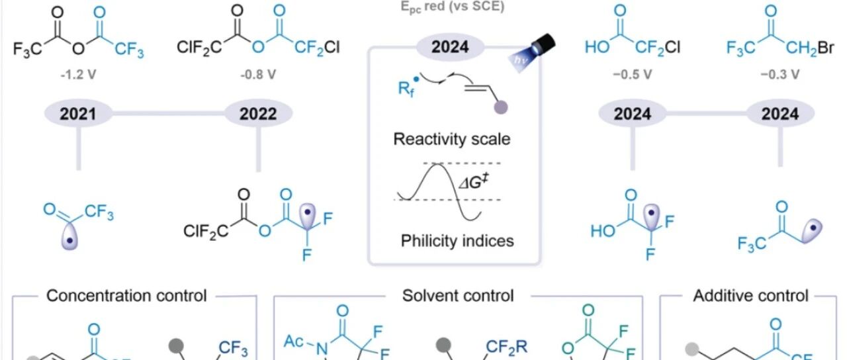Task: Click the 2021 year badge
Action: point(78,114)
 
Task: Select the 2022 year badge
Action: point(258,114)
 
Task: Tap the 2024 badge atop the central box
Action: point(450,47)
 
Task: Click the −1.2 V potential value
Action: point(78,74)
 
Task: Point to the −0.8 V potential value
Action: point(258,74)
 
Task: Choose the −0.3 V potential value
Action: point(781,74)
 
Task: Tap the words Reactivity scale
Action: point(452,140)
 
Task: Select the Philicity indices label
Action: point(457,241)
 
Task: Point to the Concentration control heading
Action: point(126,295)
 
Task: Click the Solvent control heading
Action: point(458,295)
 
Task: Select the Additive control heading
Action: point(750,295)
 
